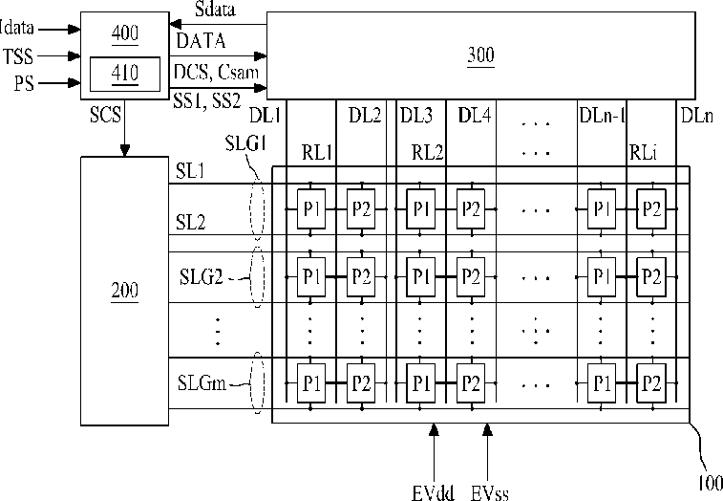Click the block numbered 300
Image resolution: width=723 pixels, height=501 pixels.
point(480,54)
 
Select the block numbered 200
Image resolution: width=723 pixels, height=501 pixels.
point(123,289)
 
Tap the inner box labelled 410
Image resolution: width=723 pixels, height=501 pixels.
point(124,72)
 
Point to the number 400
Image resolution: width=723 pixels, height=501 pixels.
point(124,33)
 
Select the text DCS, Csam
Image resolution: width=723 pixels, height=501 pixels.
point(216,72)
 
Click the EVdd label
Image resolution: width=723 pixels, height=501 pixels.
point(432,492)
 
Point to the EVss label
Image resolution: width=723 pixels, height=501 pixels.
point(489,492)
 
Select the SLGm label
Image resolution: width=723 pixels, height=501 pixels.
point(202,383)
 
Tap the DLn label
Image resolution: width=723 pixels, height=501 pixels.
point(696,116)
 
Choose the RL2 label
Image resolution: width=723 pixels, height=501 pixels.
point(427,151)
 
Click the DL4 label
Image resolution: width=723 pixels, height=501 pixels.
point(475,116)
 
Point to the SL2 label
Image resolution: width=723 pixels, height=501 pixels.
point(191,223)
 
